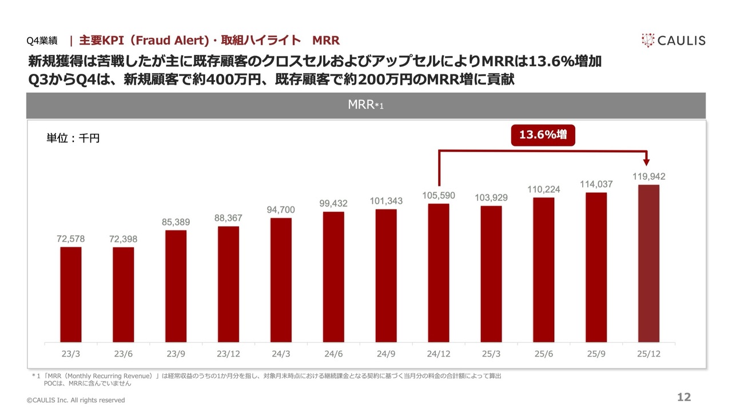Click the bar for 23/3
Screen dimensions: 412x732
(71, 295)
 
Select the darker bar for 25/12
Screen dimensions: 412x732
(649, 263)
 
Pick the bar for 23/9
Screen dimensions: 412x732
(176, 286)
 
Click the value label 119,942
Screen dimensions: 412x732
(649, 177)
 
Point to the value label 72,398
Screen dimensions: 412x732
(124, 239)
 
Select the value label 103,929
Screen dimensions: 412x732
(491, 197)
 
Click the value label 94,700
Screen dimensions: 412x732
(281, 210)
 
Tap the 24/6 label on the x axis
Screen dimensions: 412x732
(333, 354)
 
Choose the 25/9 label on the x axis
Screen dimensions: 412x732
(596, 354)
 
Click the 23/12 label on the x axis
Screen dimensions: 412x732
(228, 354)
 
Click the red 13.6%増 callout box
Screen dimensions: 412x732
(543, 135)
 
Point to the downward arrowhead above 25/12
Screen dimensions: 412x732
(648, 162)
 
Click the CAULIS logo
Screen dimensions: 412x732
(673, 40)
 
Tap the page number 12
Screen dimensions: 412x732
(684, 398)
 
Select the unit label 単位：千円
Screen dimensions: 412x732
(73, 138)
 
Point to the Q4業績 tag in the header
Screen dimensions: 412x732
(42, 41)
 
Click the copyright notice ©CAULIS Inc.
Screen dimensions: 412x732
(76, 400)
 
